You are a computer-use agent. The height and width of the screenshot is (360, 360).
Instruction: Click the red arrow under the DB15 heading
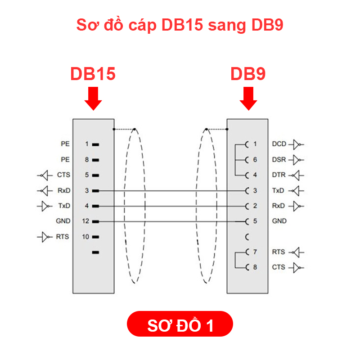93,99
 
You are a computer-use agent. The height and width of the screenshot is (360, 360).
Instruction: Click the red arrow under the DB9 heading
248,99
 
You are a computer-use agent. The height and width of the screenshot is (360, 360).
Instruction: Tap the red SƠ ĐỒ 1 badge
180,324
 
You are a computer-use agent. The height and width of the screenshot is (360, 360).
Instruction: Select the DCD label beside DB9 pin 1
279,144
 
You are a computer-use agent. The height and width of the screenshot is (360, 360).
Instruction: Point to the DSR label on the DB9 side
279,159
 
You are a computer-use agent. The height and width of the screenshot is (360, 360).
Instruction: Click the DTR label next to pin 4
279,175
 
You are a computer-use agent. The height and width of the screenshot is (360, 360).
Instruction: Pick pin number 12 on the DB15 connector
86,221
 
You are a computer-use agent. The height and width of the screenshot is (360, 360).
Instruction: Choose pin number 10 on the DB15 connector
86,237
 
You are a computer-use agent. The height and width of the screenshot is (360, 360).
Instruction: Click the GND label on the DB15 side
63,221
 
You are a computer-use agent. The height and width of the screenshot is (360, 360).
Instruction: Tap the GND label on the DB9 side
279,221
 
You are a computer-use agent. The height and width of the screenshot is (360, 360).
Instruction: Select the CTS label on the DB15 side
63,175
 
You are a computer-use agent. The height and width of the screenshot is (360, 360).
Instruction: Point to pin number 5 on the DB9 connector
255,221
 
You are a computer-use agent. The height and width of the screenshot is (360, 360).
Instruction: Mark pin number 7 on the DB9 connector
255,252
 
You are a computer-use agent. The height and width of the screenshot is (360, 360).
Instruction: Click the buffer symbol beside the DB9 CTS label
296,268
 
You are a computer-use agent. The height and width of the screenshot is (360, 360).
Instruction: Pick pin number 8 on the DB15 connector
87,159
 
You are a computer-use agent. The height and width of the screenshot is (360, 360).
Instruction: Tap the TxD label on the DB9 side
279,190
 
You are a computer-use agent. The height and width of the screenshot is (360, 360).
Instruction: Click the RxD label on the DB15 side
63,190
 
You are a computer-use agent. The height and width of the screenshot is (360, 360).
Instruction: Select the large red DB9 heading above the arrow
248,74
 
